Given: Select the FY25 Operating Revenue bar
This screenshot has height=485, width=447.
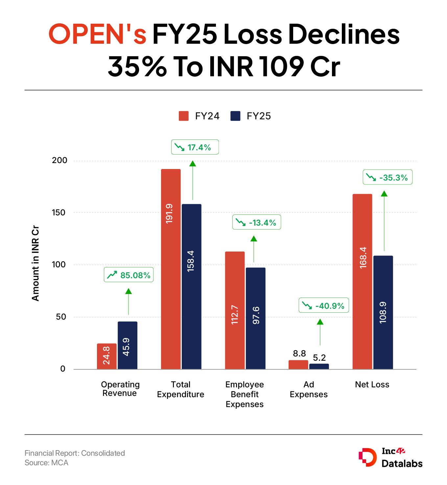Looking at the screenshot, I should point(128,345).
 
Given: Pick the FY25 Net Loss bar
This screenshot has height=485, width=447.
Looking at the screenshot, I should point(383,312).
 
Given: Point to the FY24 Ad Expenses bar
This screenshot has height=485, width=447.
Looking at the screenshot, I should point(298,365).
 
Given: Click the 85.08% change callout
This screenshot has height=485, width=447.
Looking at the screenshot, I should point(129,275).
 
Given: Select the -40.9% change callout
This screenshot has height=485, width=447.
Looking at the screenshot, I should point(323,306).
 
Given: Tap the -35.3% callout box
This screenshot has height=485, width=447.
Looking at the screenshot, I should point(387,178).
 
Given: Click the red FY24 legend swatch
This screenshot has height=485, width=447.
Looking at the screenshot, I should point(184,116).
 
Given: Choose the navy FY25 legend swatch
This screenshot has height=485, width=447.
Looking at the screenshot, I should point(235,116).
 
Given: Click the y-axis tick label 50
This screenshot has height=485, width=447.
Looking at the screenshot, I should point(61,317).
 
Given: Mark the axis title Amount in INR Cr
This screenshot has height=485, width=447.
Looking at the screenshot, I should point(35,263).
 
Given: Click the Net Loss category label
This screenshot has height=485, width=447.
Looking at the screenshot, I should point(372,384).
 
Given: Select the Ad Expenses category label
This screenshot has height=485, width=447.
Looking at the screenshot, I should point(309,389).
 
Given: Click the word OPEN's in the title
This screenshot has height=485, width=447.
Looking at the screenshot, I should point(97,35).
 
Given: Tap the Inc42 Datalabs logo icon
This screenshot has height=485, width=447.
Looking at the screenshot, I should point(367,457).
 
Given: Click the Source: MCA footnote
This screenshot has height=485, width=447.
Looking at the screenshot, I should point(46,463).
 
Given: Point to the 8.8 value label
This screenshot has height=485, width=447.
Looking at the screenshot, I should point(299,353).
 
